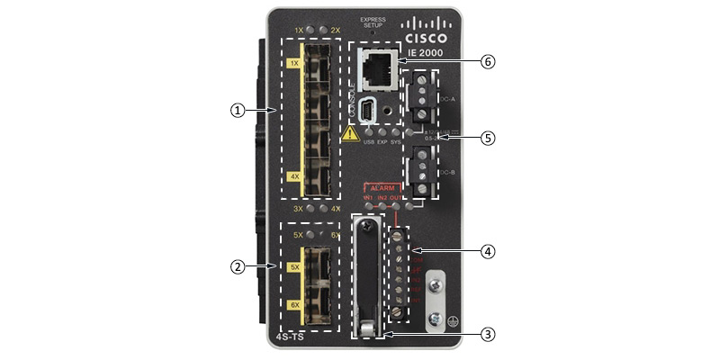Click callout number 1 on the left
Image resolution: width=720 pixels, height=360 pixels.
(237, 110)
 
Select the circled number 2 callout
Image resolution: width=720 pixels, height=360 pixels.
(237, 266)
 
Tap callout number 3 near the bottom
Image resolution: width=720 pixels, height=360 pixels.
(488, 334)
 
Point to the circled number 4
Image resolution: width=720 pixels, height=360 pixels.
(488, 252)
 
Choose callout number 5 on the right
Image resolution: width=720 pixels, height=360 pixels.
(488, 139)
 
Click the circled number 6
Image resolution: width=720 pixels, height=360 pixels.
(488, 61)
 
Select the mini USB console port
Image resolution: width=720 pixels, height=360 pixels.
(368, 111)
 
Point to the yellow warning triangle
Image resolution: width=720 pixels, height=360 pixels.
(350, 133)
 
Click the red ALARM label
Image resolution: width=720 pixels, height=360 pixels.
(382, 188)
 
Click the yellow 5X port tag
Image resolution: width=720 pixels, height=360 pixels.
(293, 267)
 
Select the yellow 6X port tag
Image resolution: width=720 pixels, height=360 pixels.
(293, 305)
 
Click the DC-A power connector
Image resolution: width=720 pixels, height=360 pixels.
(419, 97)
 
